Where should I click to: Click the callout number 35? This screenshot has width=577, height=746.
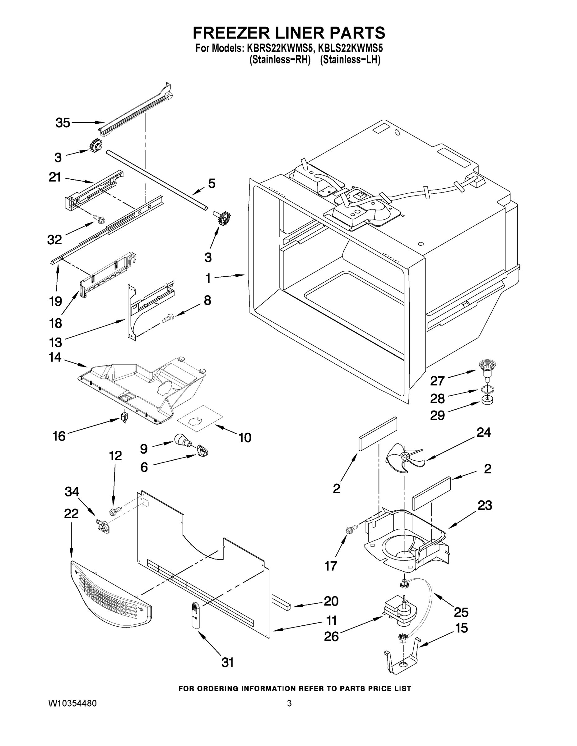pos(63,123)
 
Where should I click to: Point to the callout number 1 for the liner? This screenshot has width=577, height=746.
pos(208,279)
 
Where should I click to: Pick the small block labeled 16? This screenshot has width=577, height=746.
pos(124,417)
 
